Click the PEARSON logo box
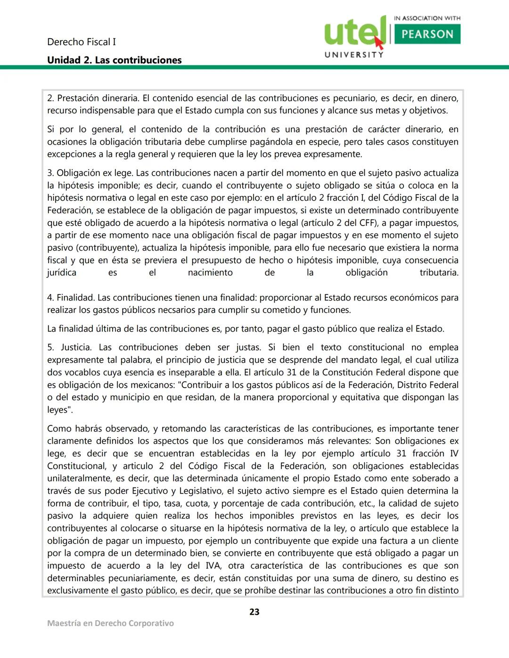click(427, 34)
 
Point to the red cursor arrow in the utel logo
click(378, 42)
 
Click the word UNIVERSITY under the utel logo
click(354, 55)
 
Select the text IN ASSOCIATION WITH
click(427, 18)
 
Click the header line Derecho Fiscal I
click(82, 42)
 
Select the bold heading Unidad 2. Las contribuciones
click(114, 60)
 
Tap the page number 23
click(254, 612)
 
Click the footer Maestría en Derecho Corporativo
click(110, 623)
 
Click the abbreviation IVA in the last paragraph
click(213, 566)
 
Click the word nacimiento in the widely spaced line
click(210, 273)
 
